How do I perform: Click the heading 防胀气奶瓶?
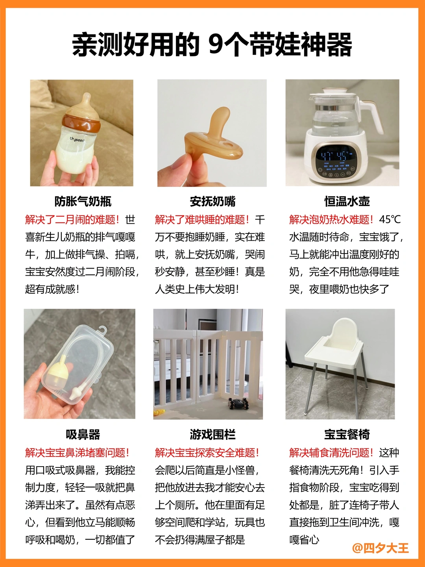pyautogui.click(x=83, y=202)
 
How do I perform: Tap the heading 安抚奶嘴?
pyautogui.click(x=213, y=202)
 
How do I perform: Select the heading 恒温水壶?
pyautogui.click(x=347, y=202)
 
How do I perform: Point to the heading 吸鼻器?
pyautogui.click(x=83, y=434)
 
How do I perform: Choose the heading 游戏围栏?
pyautogui.click(x=213, y=434)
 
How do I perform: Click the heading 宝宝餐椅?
pyautogui.click(x=347, y=434)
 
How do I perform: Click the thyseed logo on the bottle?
pyautogui.click(x=77, y=139)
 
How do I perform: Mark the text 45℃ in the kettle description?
pyautogui.click(x=390, y=220)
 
